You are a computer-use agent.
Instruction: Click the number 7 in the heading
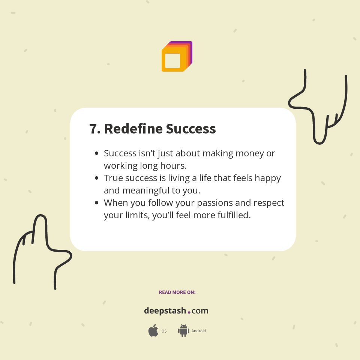[93, 129]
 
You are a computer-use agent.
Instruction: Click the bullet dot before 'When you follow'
[97, 203]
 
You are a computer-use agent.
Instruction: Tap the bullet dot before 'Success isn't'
[97, 153]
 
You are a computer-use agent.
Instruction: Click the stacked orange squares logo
[176, 57]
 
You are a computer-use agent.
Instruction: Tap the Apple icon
[153, 331]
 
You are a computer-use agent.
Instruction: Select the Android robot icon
[183, 331]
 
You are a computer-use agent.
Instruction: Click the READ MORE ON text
[177, 292]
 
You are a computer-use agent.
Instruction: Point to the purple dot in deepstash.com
[189, 312]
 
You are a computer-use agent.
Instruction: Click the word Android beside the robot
[199, 331]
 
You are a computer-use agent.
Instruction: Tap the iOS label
[163, 331]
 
